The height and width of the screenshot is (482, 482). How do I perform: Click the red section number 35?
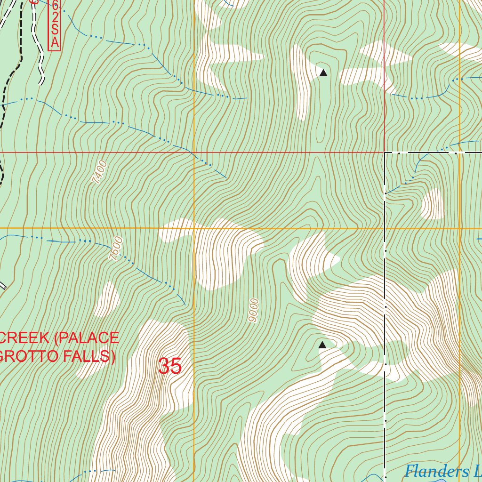click(170, 366)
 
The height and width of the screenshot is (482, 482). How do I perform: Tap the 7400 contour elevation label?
click(100, 172)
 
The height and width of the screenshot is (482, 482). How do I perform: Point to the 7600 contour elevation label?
click(115, 249)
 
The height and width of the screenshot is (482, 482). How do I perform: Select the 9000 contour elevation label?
click(254, 310)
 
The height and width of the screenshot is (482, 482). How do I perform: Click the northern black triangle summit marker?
click(323, 72)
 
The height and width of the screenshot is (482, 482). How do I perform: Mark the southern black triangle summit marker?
click(322, 345)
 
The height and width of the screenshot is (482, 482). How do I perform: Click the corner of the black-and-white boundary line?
click(385, 153)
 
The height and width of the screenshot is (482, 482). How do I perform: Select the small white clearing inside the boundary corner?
click(433, 204)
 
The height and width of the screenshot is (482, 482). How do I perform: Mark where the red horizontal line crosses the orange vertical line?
click(194, 153)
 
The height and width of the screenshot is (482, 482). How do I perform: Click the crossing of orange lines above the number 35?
click(194, 229)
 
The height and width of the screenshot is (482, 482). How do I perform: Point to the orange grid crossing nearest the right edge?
click(459, 229)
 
